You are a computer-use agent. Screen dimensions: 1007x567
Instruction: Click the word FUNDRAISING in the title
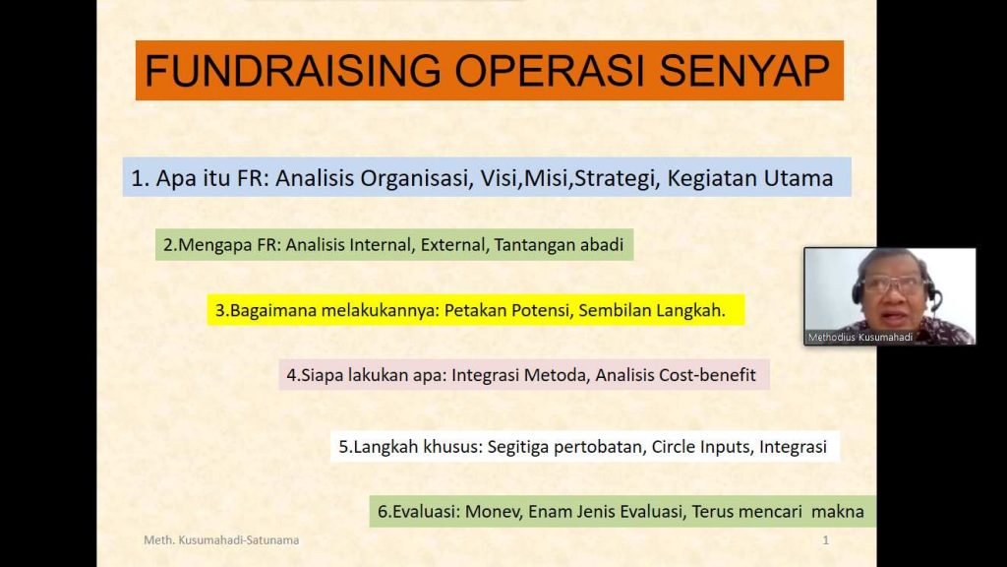tap(293, 70)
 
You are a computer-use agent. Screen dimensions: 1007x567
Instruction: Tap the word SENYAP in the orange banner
tap(744, 70)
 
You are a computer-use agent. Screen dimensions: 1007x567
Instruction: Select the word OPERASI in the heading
tap(550, 70)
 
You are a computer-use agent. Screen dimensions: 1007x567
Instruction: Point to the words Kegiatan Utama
tap(750, 177)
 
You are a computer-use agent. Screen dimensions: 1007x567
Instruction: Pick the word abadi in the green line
tap(602, 244)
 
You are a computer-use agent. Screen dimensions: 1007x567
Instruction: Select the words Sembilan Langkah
tap(652, 310)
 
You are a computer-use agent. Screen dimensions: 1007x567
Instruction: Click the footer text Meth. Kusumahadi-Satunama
tap(221, 540)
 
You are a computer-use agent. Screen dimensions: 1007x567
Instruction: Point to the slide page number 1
tap(826, 540)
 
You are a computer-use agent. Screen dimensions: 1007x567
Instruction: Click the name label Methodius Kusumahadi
tap(859, 337)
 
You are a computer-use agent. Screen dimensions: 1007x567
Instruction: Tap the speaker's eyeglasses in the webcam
tap(894, 284)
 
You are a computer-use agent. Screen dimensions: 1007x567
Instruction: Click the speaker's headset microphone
tap(937, 299)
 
